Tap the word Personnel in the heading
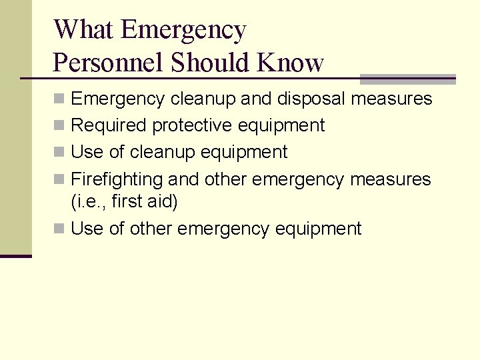tap(108, 63)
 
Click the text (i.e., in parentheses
tap(89, 201)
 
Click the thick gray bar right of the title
tap(407, 79)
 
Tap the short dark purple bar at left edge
tap(15, 256)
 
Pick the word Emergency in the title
tap(185, 30)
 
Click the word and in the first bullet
tap(255, 99)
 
